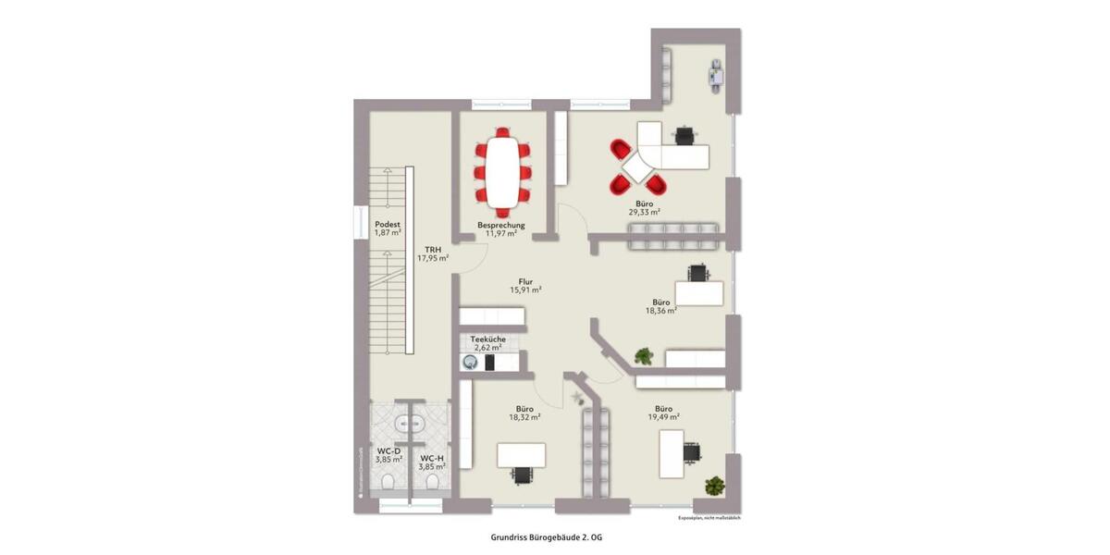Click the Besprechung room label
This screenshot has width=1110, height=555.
pos(501,225)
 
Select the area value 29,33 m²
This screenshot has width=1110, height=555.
pos(645,212)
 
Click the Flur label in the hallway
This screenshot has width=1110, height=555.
pos(525,280)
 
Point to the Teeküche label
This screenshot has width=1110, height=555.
pos(487,339)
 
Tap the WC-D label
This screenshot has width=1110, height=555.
pos(388,450)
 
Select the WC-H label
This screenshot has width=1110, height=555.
pos(433,458)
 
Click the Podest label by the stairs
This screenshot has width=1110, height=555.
pos(388,225)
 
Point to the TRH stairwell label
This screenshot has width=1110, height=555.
pos(433,250)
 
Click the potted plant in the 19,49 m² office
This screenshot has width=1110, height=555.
pos(714,485)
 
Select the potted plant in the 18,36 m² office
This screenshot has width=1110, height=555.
pos(644,355)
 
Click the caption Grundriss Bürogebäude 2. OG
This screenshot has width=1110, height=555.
pos(552,536)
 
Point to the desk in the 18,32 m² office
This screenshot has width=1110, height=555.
pos(521,455)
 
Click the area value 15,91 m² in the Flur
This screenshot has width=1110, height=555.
pos(525,290)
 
